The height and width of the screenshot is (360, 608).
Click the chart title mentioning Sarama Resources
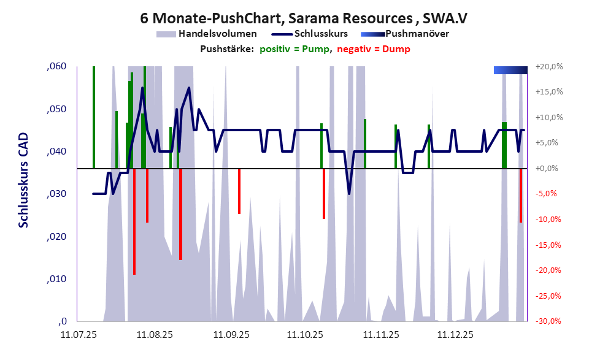[304, 18]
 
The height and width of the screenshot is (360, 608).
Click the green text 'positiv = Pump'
[295, 49]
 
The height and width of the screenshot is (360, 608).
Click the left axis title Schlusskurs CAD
[23, 181]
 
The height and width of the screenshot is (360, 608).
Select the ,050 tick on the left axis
[56, 109]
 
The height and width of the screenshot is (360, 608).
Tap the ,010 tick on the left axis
[56, 279]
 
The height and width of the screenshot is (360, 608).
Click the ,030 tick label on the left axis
[56, 194]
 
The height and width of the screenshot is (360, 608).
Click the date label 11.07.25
[79, 335]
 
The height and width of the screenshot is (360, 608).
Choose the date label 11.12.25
[455, 335]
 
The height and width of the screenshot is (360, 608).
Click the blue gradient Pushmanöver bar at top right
[510, 70]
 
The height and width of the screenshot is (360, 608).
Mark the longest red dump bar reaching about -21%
[134, 221]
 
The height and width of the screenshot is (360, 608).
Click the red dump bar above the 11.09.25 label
[239, 191]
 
